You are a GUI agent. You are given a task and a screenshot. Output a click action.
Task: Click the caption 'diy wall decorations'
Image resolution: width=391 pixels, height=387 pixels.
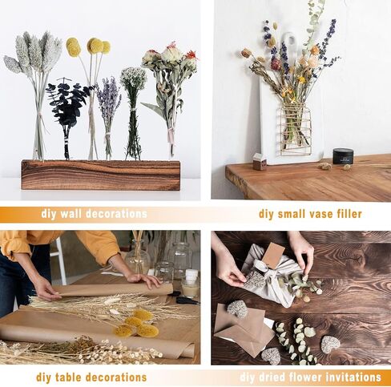pos(94,214)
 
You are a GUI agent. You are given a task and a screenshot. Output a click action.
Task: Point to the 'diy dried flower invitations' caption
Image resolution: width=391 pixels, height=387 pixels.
pos(310,377)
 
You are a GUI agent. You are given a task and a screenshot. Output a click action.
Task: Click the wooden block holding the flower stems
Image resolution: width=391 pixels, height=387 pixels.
pos(100,175)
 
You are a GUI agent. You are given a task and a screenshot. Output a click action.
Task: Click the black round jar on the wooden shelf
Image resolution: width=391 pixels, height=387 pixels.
pos(343,156)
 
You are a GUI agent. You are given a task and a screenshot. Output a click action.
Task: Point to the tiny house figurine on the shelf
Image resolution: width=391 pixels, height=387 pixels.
pos(260,162)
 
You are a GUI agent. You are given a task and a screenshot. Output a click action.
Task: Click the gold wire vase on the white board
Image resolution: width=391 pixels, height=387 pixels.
pos(295,128)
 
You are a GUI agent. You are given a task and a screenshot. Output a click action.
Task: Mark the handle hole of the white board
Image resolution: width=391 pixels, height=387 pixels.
pos(289,41)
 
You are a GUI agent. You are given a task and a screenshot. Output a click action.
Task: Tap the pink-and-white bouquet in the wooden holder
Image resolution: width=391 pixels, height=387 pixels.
pos(168,64)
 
